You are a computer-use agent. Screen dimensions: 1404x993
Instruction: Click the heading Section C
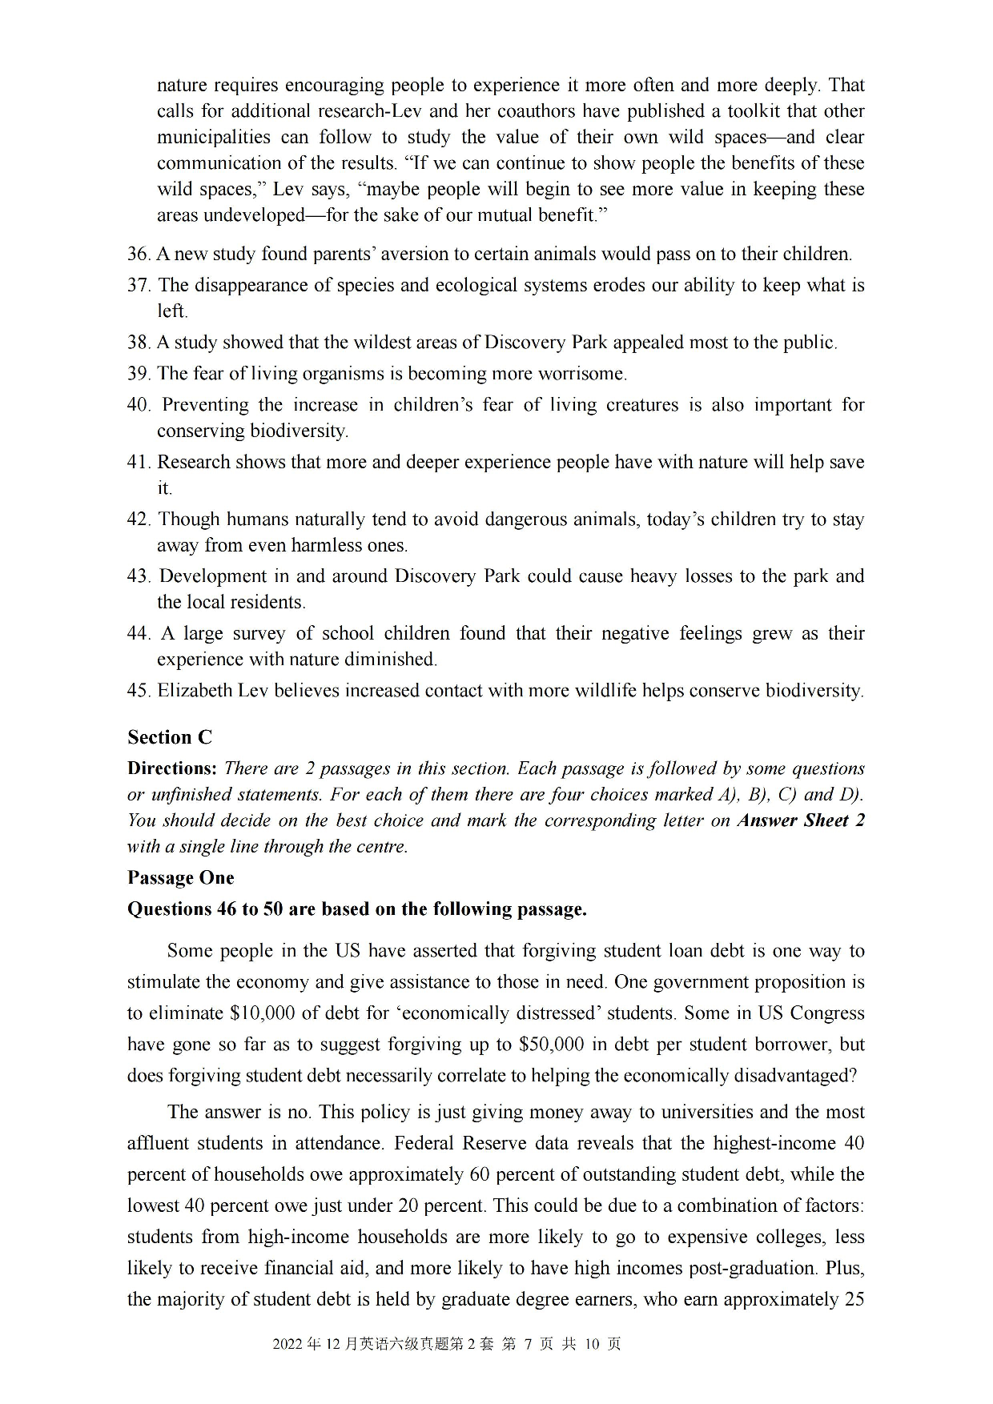click(170, 737)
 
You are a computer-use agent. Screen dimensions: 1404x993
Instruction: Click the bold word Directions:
click(171, 768)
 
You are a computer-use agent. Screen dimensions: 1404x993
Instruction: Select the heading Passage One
click(180, 878)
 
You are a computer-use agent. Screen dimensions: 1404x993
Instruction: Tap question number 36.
click(139, 255)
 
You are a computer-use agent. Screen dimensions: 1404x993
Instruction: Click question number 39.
click(139, 374)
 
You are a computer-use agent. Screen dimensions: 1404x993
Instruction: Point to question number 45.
click(139, 691)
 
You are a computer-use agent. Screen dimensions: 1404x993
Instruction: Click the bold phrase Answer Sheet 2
click(801, 820)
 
